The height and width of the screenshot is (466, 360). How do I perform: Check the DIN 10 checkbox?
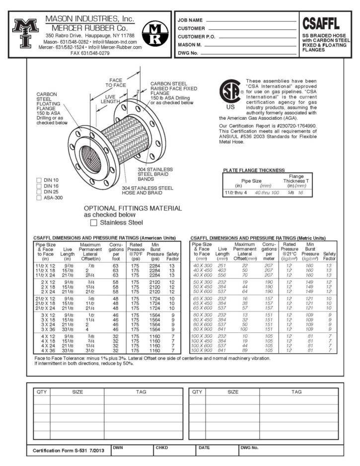click(x=39, y=179)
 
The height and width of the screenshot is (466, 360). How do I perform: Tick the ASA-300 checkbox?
click(x=39, y=198)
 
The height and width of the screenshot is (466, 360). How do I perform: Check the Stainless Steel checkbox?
click(x=94, y=223)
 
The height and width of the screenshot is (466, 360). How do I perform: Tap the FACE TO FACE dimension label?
click(x=116, y=82)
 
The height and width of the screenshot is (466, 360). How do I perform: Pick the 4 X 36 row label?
click(x=45, y=351)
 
